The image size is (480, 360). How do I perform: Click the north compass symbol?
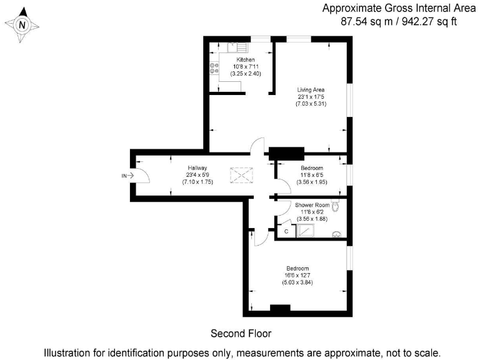point(22,26)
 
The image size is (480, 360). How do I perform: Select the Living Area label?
point(311,89)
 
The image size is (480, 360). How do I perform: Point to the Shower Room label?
point(312,204)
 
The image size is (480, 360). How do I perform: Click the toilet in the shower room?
point(337,207)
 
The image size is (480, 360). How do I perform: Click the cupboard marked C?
point(286,231)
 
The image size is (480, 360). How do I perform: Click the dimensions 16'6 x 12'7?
point(297,276)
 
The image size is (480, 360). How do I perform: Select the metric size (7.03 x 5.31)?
point(311,104)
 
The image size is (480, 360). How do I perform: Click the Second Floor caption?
point(241,333)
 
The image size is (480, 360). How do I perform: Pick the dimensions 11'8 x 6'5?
point(312,176)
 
